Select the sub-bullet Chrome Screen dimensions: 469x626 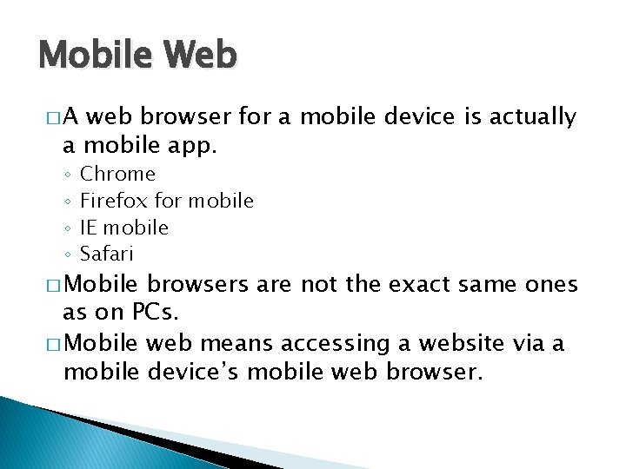pyautogui.click(x=117, y=175)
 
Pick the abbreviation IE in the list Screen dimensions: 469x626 pyautogui.click(x=88, y=228)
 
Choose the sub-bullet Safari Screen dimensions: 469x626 pyautogui.click(x=107, y=254)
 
